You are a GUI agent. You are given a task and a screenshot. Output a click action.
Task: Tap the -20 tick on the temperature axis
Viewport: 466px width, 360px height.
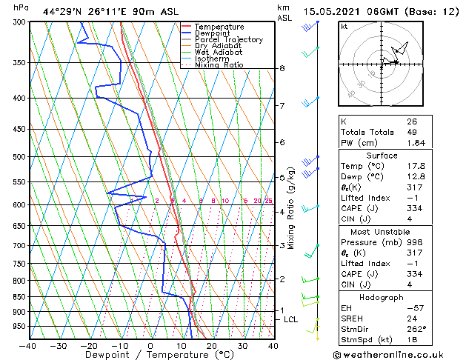(x=89, y=345)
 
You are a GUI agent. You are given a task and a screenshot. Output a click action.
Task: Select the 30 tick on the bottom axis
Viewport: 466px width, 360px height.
(x=242, y=345)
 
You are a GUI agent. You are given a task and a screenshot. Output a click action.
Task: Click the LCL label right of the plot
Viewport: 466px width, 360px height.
(x=291, y=319)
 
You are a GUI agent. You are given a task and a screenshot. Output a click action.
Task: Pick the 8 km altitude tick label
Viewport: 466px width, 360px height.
(x=282, y=69)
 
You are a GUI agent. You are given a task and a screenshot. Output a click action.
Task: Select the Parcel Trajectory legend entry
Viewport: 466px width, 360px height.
(x=228, y=40)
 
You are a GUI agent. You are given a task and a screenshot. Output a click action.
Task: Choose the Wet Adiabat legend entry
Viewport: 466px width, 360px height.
(x=219, y=53)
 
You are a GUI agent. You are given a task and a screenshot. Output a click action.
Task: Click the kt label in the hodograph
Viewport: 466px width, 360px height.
(x=344, y=26)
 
